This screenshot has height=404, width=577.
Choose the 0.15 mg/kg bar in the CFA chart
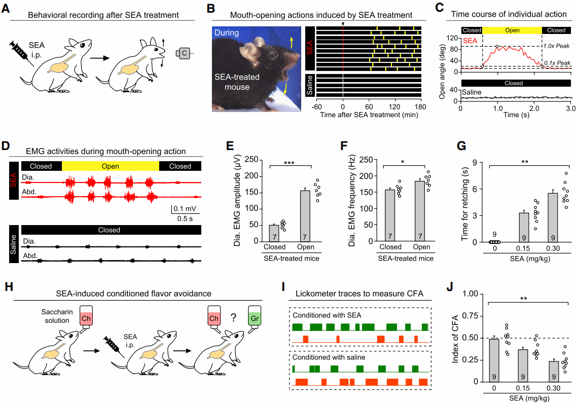(x=523, y=365)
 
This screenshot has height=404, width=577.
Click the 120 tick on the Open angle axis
(x=453, y=38)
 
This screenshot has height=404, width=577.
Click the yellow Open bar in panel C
(x=512, y=30)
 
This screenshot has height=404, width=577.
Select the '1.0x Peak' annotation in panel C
(x=556, y=46)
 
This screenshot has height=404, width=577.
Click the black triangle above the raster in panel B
(x=343, y=23)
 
